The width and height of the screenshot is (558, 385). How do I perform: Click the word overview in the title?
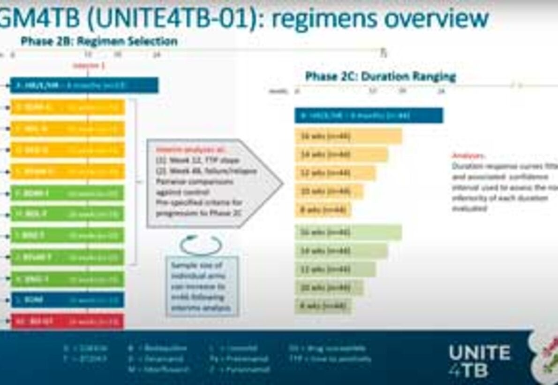click(436, 19)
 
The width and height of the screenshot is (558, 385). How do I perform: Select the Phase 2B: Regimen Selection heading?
click(99, 41)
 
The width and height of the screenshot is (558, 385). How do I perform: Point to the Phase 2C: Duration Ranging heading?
click(380, 76)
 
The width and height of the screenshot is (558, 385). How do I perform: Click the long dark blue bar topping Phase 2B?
click(84, 85)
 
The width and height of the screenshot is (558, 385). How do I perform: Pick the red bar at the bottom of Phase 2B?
click(67, 322)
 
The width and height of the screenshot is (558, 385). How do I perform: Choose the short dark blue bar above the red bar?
click(67, 300)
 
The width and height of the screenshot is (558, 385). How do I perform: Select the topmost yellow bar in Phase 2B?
click(67, 107)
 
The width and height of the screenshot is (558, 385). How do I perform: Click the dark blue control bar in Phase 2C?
click(369, 115)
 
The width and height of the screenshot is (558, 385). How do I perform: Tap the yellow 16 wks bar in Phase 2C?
click(348, 136)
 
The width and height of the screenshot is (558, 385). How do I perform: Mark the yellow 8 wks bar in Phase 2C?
click(323, 209)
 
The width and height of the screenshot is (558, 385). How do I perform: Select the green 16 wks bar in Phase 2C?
click(348, 232)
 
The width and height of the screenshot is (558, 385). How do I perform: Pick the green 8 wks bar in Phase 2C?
click(323, 306)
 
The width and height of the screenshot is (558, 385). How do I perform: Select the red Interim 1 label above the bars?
click(89, 66)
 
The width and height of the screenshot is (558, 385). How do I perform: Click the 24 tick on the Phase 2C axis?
click(441, 92)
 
